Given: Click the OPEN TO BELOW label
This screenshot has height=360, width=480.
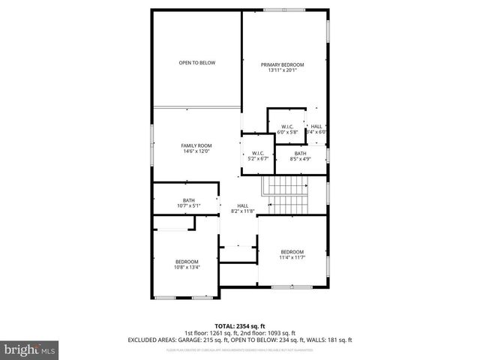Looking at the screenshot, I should tap(196, 63).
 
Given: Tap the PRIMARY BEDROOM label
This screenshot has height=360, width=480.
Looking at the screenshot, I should tap(282, 65).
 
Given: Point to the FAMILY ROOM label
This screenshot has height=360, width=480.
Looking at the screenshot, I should tap(196, 145).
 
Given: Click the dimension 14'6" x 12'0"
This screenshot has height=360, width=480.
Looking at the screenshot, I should tap(196, 152).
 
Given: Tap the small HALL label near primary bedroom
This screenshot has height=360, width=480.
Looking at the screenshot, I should tap(316, 126).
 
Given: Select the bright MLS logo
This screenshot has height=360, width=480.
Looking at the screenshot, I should tap(30, 349).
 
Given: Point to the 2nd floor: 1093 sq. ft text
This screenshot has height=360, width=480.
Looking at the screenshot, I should tap(270, 333).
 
